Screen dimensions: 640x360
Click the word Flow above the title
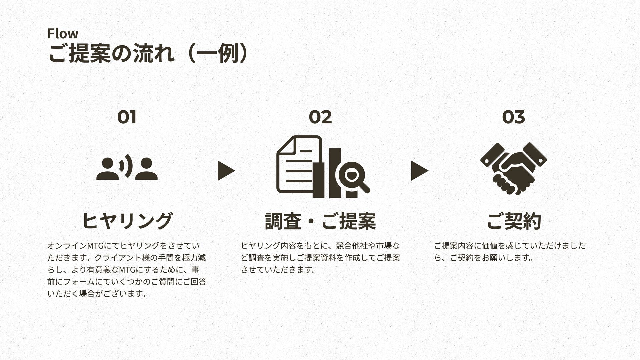pos(63,34)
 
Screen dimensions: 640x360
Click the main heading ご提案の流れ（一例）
pos(148,54)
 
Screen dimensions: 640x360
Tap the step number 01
pos(127,117)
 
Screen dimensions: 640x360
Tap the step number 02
pos(320,117)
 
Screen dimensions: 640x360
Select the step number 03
pos(513,117)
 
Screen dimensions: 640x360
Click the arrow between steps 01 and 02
pos(226,171)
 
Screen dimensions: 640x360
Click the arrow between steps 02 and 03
pos(419,171)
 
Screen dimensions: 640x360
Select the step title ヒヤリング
pos(127,221)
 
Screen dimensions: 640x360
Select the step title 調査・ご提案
pos(320,221)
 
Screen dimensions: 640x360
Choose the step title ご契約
pos(513,221)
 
